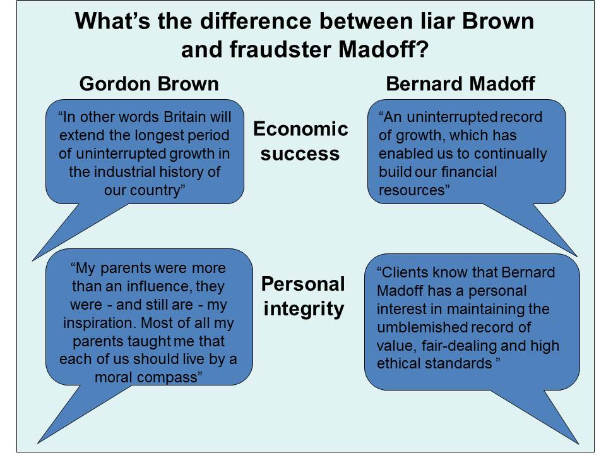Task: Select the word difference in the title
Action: click(x=256, y=21)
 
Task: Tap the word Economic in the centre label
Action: click(x=300, y=129)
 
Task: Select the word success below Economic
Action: click(x=300, y=154)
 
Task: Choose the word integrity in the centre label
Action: click(x=304, y=310)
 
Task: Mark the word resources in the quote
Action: click(x=412, y=190)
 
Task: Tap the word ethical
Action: click(x=399, y=364)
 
